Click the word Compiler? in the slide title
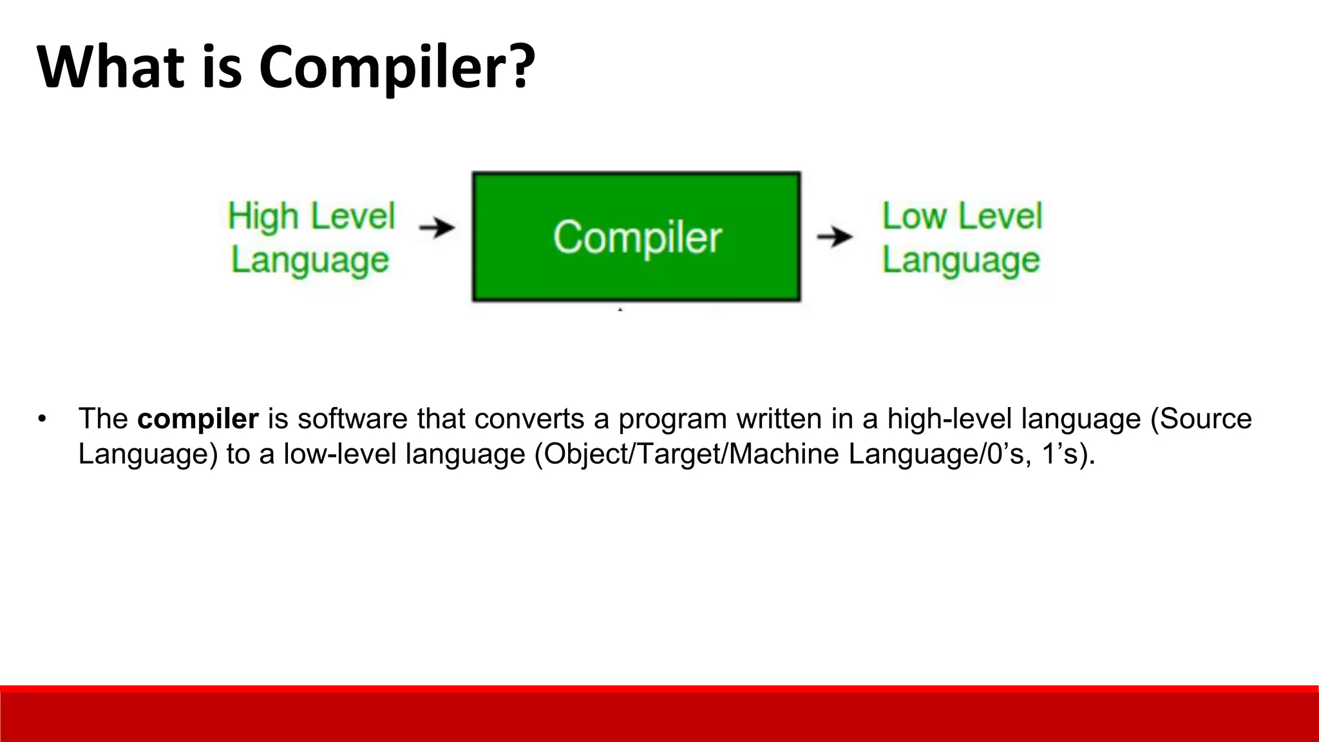pos(397,68)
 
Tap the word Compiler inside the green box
pos(637,238)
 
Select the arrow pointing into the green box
pos(437,227)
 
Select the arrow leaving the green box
pos(835,237)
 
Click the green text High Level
pos(311,216)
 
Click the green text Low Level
pos(962,216)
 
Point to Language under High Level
pos(310,261)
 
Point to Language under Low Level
pos(961,261)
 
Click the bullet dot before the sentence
pos(43,419)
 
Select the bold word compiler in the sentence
pos(198,419)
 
